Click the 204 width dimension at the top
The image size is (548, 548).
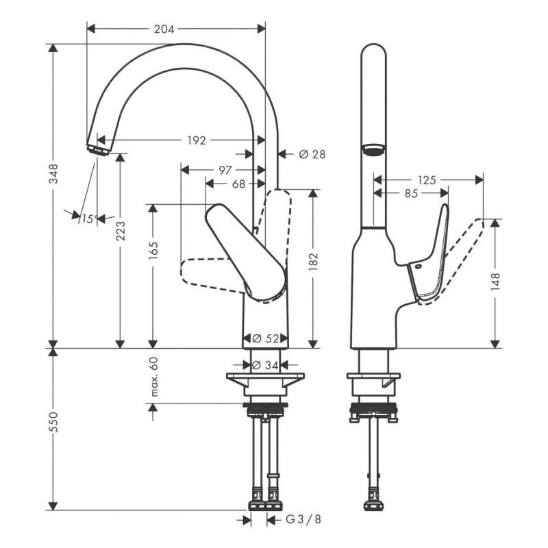[164, 29]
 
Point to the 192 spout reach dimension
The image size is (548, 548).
[197, 140]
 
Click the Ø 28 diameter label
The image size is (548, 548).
[312, 154]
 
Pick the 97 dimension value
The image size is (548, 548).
[225, 169]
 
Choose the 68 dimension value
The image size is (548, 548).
[238, 183]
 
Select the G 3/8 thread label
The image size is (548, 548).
[303, 519]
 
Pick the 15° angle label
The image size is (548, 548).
[88, 219]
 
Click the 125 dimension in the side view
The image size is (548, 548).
[427, 179]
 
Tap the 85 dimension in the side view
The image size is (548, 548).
[410, 194]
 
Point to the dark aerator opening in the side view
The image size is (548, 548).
[373, 149]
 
